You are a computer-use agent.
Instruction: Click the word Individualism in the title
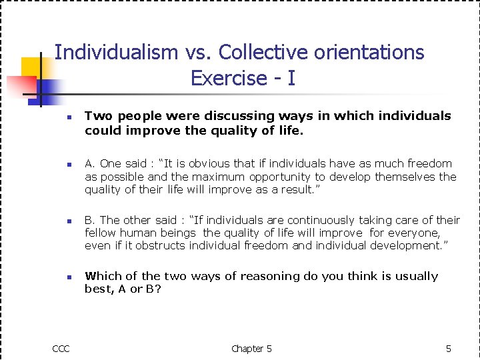tap(117, 52)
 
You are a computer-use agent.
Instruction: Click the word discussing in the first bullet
tap(236, 116)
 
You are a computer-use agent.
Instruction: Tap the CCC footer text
tap(61, 349)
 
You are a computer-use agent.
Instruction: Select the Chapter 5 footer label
tap(251, 349)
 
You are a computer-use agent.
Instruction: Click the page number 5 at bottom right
tap(449, 349)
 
